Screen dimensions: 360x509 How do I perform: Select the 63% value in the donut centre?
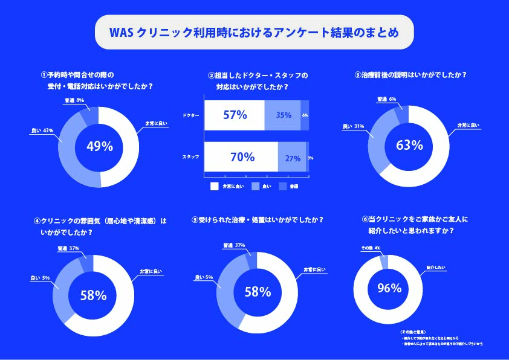point(409,146)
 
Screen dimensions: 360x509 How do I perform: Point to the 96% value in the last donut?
point(389,288)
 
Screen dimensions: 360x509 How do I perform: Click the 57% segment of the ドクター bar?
point(235,115)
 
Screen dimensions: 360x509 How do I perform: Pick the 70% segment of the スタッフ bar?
point(241,158)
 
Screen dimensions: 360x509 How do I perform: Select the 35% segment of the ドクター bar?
point(283,115)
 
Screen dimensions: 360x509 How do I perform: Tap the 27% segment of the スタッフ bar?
point(292,158)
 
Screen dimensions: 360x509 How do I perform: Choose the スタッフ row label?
point(190,158)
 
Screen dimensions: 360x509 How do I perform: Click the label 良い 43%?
point(39,129)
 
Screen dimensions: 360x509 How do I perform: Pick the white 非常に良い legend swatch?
point(214,187)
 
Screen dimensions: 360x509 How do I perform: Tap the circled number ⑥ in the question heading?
point(365,220)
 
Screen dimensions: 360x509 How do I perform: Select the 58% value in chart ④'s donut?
point(93,295)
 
